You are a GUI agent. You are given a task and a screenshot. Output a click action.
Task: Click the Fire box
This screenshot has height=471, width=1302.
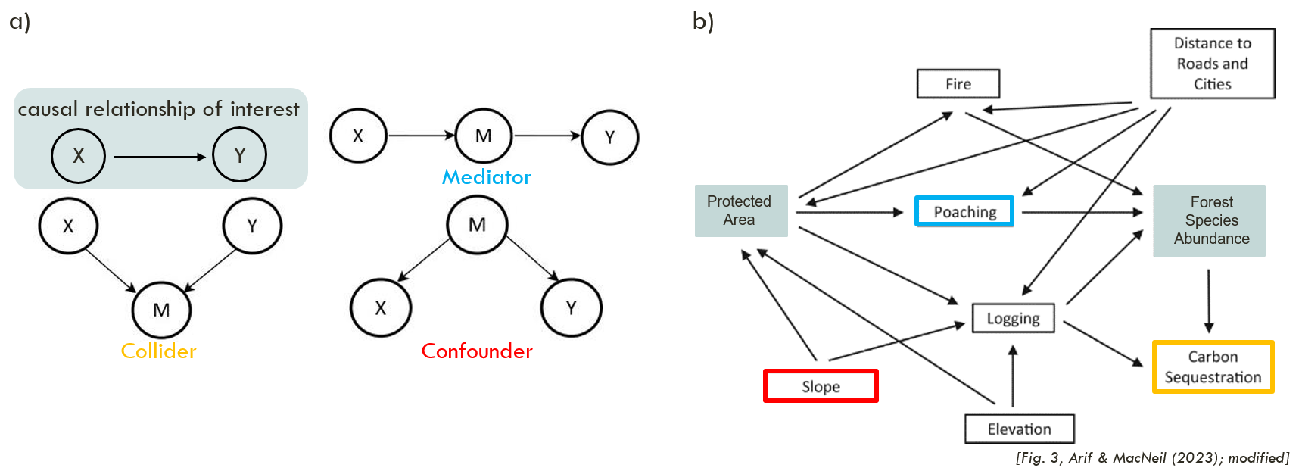pos(958,84)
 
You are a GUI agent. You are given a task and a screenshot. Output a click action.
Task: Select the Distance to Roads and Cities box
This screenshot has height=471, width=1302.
pos(1212,64)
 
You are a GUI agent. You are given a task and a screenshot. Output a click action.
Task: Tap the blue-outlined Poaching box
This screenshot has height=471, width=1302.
pos(964,212)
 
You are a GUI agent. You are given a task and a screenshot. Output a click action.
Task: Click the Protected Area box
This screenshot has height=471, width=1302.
pos(740,211)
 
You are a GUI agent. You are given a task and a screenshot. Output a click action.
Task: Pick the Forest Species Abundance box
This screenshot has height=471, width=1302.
pos(1209,220)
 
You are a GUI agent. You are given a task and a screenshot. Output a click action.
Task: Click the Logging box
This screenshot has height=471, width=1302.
pos(1013,318)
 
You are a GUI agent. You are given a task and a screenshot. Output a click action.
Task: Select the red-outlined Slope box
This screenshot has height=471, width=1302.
pos(821,386)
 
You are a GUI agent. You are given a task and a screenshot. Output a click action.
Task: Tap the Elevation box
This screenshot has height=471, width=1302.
pos(1019,429)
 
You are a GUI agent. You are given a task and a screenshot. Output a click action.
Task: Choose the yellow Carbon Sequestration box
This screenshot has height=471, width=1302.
pos(1213,367)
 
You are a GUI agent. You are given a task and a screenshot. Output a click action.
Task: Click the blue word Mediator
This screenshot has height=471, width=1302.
pos(486,177)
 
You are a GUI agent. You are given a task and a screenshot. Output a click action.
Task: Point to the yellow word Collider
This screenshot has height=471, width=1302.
pos(158,351)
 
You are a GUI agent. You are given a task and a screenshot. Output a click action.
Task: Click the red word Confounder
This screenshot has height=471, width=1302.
pos(477,351)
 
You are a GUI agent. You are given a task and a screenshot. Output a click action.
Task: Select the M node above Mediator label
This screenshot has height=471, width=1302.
pos(483,136)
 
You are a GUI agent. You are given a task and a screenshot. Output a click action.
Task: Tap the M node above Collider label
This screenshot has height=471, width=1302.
pos(161,310)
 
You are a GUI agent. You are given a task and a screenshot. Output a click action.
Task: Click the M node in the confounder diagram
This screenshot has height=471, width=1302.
pos(477,225)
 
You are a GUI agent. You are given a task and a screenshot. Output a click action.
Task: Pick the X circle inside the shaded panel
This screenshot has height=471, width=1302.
pos(78,156)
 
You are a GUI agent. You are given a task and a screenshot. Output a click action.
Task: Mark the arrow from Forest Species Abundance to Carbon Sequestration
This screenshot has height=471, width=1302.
pos(1209,301)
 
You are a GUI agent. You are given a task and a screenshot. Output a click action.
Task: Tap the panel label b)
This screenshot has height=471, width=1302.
pos(703,21)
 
